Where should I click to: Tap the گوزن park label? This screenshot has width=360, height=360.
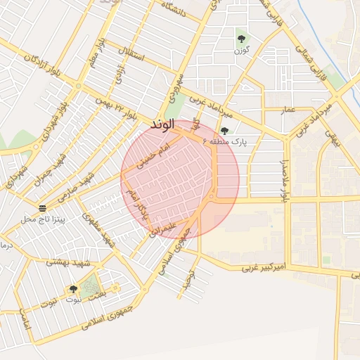point(242,51)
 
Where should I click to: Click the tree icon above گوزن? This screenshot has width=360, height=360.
point(241,39)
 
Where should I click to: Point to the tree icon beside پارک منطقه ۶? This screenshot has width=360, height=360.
point(224,131)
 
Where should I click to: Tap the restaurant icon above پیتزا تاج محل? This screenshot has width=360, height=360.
point(43,208)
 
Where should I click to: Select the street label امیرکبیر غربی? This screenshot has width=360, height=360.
point(265,268)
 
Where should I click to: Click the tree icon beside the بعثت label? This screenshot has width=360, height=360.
point(73,289)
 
